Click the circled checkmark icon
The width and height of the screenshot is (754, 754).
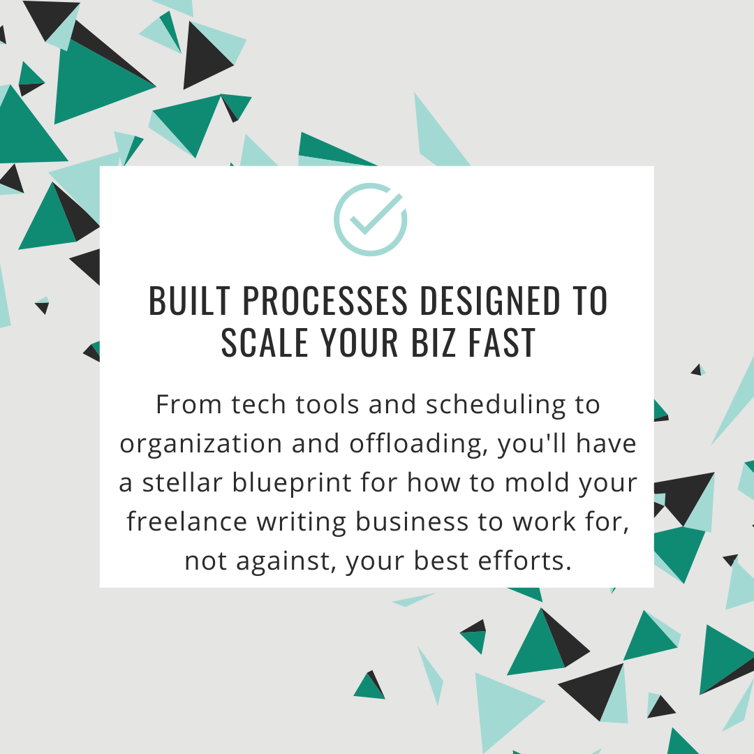(x=371, y=219)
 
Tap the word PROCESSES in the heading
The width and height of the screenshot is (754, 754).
(x=325, y=301)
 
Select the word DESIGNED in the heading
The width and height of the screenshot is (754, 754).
(x=490, y=301)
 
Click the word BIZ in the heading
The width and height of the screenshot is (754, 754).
(x=434, y=343)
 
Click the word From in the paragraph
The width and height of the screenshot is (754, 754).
(x=188, y=404)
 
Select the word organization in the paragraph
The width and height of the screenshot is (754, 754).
(x=201, y=444)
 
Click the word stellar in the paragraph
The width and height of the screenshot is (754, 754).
(x=182, y=482)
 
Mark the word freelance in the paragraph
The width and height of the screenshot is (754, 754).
(x=186, y=522)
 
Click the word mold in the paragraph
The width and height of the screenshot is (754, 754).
(x=537, y=482)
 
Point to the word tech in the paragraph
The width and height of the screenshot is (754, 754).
(x=259, y=404)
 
